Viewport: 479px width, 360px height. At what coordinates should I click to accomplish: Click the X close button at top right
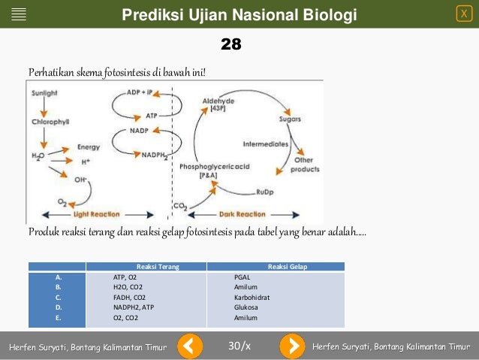click(464, 14)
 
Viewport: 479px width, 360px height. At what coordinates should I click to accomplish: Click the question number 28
click(231, 45)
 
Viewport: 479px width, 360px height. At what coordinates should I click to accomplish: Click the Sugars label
click(290, 119)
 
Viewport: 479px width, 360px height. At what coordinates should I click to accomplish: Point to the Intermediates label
click(265, 143)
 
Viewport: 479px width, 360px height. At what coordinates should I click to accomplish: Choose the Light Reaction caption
click(83, 213)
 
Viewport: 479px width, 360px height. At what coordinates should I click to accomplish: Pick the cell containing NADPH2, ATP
click(134, 307)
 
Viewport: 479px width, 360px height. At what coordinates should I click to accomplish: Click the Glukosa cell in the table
click(246, 307)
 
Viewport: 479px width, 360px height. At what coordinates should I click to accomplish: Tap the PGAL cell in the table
click(242, 277)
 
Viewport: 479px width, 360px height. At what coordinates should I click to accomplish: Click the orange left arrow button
click(190, 346)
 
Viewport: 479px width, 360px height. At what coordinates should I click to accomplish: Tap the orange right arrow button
click(292, 346)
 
